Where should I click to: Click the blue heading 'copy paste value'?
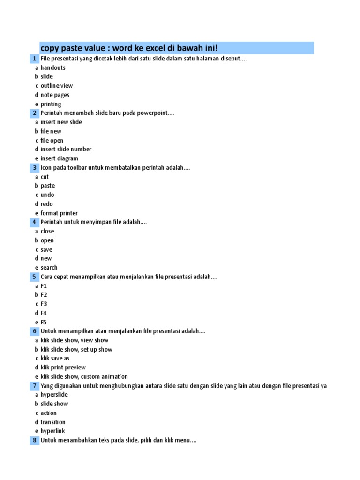129,48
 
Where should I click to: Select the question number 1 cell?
35,59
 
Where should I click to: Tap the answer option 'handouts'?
53,67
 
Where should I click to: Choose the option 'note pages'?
55,95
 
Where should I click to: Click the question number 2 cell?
35,113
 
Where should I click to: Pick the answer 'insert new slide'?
61,122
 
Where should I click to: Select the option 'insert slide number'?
66,149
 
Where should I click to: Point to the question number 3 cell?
35,167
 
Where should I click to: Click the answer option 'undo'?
47,195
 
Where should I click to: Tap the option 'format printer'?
59,213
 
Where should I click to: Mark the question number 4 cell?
35,222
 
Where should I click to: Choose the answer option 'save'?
46,249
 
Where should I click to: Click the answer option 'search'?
49,267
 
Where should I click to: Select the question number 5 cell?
35,277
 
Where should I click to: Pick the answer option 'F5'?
44,322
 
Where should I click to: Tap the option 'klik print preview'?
63,367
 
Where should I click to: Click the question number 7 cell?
35,386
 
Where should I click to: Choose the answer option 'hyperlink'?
52,431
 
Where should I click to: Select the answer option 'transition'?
53,422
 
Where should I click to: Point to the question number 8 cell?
35,440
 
